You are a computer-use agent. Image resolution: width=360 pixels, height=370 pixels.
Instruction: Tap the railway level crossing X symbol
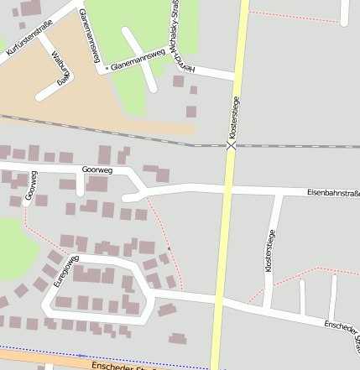[x=231, y=145]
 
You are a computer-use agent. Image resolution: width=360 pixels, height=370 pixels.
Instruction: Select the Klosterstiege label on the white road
[x=269, y=249]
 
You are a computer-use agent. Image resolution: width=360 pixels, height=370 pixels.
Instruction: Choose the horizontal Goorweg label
[x=97, y=169]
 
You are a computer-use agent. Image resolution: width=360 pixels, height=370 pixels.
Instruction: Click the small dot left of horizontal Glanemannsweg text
[x=106, y=65]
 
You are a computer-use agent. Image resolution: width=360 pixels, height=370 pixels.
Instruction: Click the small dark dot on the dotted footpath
[x=168, y=249]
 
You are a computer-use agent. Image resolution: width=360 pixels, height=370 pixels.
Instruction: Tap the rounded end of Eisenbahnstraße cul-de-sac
[x=127, y=198]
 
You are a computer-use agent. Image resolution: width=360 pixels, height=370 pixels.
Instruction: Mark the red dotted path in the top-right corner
[x=294, y=15]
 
